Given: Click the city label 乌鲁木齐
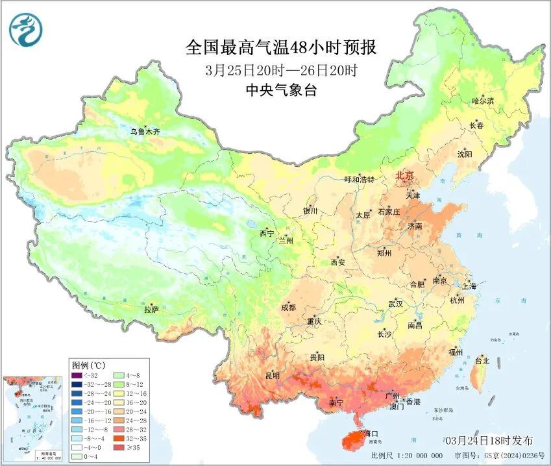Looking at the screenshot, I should (x=144, y=132).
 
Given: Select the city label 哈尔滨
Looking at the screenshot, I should (x=483, y=101).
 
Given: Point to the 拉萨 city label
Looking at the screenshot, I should (x=151, y=310).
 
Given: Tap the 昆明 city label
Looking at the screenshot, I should (x=272, y=375).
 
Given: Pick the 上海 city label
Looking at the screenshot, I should (x=469, y=286).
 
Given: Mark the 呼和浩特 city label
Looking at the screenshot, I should (x=359, y=180).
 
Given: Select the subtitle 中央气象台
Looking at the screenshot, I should (x=281, y=91).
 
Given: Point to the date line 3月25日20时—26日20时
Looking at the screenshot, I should (x=281, y=70).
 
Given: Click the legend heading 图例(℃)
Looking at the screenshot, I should (x=84, y=365).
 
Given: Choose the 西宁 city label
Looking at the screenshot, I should (x=267, y=233).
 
